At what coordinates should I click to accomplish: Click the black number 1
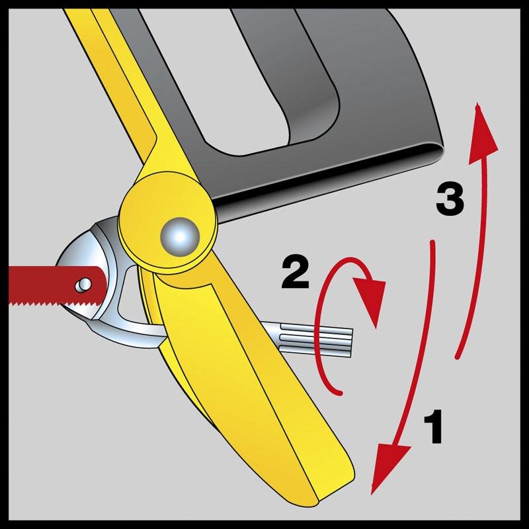pyautogui.click(x=433, y=426)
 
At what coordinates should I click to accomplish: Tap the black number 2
pyautogui.click(x=296, y=273)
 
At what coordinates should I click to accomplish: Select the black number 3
pyautogui.click(x=450, y=199)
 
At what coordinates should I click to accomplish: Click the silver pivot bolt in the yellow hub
pyautogui.click(x=180, y=237)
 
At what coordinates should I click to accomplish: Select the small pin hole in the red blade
pyautogui.click(x=83, y=284)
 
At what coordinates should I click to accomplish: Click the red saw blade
pyautogui.click(x=54, y=286)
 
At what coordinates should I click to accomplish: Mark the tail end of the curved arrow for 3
pyautogui.click(x=457, y=357)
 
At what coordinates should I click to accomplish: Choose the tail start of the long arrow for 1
pyautogui.click(x=432, y=242)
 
